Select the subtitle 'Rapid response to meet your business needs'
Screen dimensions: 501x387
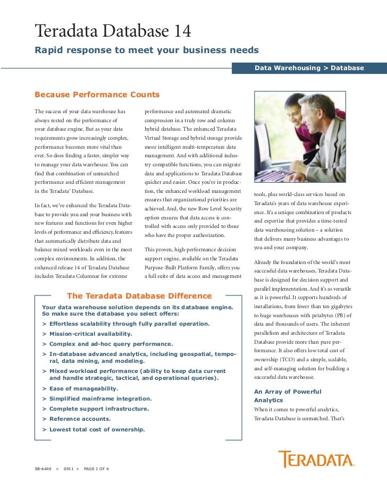(146, 50)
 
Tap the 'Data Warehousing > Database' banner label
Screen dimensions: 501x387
(309, 68)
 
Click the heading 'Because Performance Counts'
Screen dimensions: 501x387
(97, 95)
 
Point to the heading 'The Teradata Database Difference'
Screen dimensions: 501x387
(139, 296)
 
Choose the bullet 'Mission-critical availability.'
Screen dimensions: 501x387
(90, 334)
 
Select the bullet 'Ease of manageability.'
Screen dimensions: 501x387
(83, 388)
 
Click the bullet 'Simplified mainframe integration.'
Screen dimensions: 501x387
(100, 398)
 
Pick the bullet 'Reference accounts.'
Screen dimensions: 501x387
(80, 419)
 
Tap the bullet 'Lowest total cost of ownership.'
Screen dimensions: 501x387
(97, 429)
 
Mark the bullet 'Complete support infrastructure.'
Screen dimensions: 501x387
(99, 409)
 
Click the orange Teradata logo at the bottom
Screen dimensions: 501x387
(316, 459)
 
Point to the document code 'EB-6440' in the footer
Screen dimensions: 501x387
(43, 469)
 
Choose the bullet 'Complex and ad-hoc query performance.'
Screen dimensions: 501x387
(111, 344)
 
